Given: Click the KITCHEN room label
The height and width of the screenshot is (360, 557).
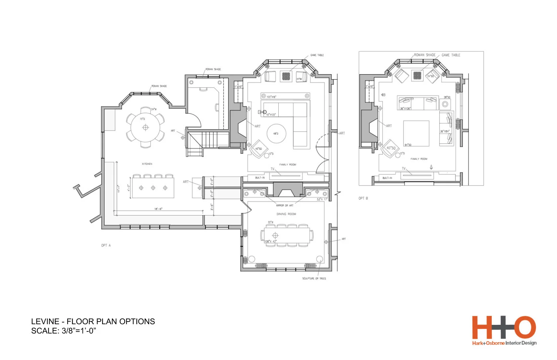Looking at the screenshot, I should coord(147,164).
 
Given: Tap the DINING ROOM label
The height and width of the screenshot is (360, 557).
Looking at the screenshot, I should coord(286,214).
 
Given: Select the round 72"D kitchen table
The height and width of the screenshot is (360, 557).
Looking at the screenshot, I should coord(145,127).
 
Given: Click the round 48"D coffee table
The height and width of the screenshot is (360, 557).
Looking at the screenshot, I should coord(276,134).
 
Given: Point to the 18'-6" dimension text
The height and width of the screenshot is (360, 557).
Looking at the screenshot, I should coord(158,209).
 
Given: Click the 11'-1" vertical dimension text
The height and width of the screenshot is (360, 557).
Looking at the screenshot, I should coord(118,189).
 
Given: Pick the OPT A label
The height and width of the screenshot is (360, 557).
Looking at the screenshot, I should coord(106,245).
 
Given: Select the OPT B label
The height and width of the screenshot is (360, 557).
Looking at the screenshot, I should coord(363,198).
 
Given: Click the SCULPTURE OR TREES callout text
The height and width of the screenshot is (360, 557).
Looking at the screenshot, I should coord(314,278).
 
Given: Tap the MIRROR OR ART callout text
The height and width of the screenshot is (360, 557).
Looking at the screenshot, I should coord(285,206).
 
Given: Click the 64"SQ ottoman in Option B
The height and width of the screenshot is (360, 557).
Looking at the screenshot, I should coord(416,133).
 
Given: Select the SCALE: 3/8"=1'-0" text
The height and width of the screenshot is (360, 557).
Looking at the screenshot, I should coord(63,331).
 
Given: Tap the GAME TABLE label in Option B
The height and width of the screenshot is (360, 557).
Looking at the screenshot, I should coord(451,55).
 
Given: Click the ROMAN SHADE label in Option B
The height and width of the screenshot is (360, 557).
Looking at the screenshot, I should coord(425,55).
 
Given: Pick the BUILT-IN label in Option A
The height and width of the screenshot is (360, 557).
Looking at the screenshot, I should coord(260,178).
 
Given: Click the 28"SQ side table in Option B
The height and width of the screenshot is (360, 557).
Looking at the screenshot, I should coord(445,104).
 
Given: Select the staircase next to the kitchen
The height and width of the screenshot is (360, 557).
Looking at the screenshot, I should coord(207,139).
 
